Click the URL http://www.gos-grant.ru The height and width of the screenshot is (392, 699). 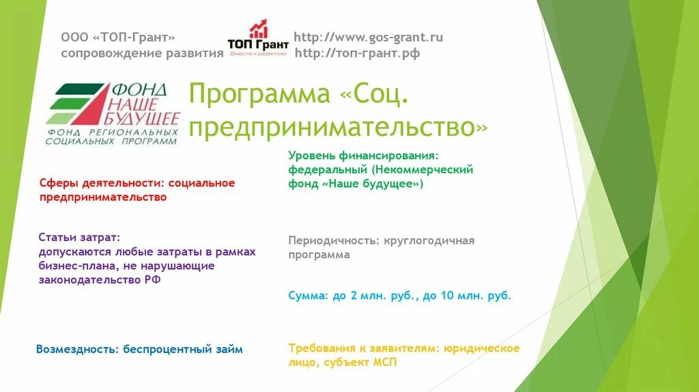coord(368,38)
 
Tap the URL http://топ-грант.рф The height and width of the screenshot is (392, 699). coord(357,54)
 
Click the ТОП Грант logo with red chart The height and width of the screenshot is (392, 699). coord(258,39)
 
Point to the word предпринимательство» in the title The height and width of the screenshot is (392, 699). coord(339,127)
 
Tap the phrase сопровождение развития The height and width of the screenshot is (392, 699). coord(142,53)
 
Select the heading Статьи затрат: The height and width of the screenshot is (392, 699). coord(79,237)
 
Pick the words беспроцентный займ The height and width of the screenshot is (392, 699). coord(183,349)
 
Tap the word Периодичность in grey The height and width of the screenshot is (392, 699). coord(326,240)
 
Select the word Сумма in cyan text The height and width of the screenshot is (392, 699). coord(307,296)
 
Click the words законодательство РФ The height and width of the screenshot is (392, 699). coord(100,280)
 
